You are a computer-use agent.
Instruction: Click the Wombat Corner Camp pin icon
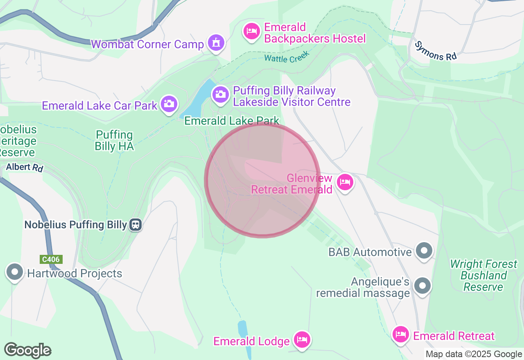[216, 42]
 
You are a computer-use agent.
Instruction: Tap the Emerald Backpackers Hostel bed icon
[252, 31]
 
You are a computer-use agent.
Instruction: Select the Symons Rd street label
[435, 51]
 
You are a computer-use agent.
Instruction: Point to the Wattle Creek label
[287, 57]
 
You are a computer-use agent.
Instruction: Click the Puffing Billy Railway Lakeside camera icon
[221, 95]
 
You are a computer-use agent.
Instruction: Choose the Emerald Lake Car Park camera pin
[169, 103]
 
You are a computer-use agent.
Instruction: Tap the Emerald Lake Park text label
[232, 121]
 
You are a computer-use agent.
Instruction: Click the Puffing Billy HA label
[114, 140]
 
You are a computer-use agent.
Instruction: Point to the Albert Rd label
[25, 167]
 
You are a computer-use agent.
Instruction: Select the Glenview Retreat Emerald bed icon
[345, 182]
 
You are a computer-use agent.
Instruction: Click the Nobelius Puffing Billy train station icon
[136, 224]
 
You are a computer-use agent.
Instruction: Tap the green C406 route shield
[51, 259]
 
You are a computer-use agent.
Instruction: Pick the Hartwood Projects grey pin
[15, 272]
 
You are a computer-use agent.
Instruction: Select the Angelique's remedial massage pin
[422, 286]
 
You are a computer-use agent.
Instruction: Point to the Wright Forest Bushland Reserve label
[483, 275]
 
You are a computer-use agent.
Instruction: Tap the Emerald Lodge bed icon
[302, 339]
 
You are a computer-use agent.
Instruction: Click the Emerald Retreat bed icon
[401, 335]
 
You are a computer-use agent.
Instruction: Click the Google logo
[27, 350]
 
